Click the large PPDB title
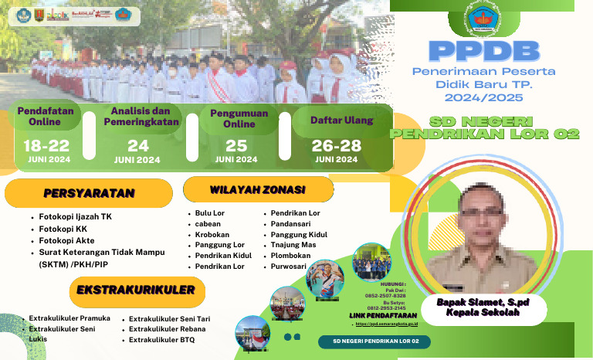coord(483,51)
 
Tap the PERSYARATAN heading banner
coord(89,193)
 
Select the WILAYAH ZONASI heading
coord(258,189)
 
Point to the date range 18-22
coord(46,145)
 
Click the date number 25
coord(236,145)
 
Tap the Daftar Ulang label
coord(341,121)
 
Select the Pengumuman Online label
coord(239,119)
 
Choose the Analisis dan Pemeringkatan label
coord(140,115)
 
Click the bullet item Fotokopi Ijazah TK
coord(76,217)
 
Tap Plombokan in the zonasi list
coord(290,256)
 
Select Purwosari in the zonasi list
coord(288,267)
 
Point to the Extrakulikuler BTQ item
coord(162,340)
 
